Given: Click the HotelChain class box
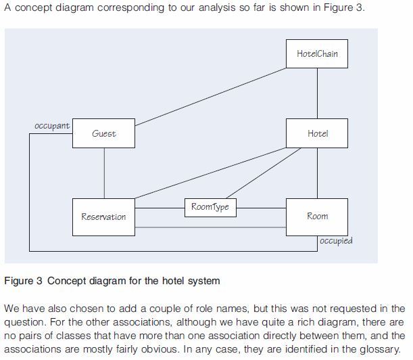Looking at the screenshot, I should (317, 53).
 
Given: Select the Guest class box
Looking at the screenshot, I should (103, 133).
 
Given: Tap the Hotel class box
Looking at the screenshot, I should (317, 133).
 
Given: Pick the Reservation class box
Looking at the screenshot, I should (103, 217).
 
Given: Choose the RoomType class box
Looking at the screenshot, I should (210, 207).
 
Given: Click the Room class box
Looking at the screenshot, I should (317, 217).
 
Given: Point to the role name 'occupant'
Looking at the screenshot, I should (52, 127).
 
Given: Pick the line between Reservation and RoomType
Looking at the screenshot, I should (160, 207).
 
